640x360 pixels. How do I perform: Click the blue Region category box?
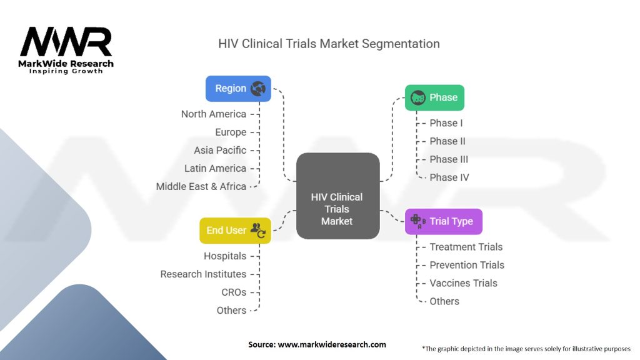pyautogui.click(x=238, y=89)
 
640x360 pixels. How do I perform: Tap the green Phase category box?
pyautogui.click(x=434, y=97)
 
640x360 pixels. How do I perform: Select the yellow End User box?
pyautogui.click(x=235, y=230)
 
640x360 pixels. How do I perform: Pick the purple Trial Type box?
pyautogui.click(x=443, y=221)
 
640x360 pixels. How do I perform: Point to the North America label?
pyautogui.click(x=213, y=114)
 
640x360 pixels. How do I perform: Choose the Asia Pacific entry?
pyautogui.click(x=220, y=150)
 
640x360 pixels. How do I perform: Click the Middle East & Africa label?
pyautogui.click(x=201, y=186)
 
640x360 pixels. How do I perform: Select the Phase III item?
pyautogui.click(x=449, y=159)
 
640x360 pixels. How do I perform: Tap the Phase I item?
pyautogui.click(x=446, y=123)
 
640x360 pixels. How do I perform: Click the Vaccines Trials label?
pyautogui.click(x=463, y=283)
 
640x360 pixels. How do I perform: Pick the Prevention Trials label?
pyautogui.click(x=466, y=265)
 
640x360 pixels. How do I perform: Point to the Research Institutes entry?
pyautogui.click(x=203, y=274)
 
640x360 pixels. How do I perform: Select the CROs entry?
pyautogui.click(x=234, y=292)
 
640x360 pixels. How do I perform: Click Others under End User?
pyautogui.click(x=231, y=310)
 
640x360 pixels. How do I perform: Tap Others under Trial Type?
pyautogui.click(x=444, y=301)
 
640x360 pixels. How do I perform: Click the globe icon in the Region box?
pyautogui.click(x=258, y=89)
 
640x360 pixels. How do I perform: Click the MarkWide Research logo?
pyautogui.click(x=66, y=50)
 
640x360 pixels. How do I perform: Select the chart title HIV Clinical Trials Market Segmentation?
pyautogui.click(x=329, y=44)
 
